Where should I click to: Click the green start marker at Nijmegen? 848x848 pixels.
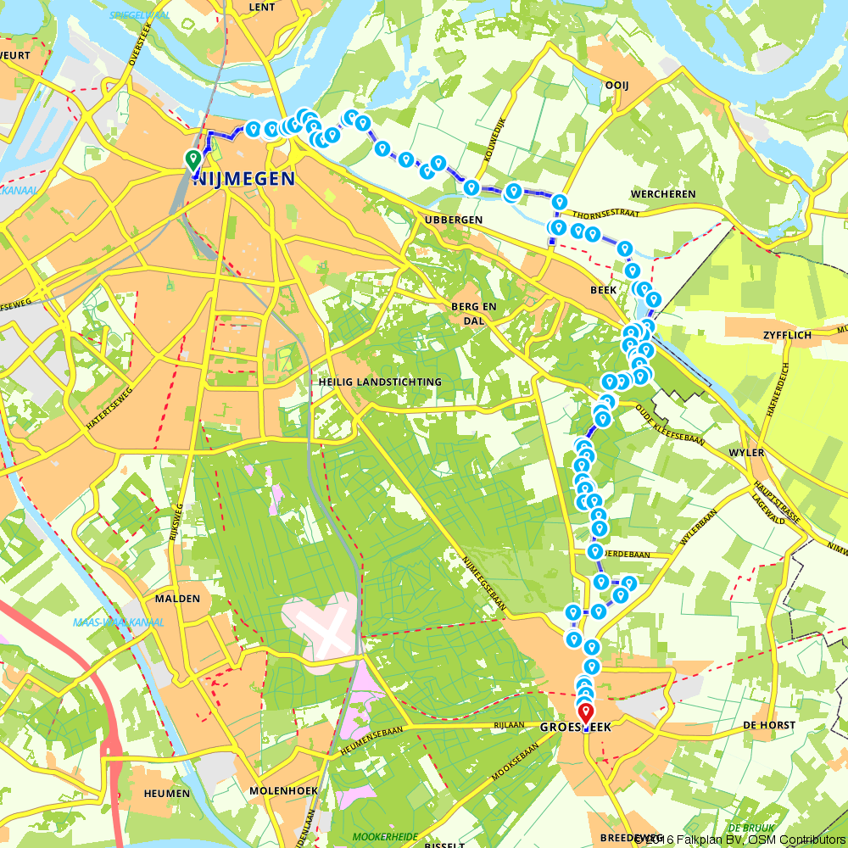click(x=192, y=159)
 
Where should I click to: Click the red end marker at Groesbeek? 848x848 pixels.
click(x=585, y=711)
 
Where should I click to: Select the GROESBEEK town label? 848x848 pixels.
click(x=575, y=728)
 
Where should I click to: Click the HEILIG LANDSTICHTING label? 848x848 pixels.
click(x=380, y=382)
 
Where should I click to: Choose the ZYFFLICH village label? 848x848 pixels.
click(x=788, y=335)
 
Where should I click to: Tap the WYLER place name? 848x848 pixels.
click(x=746, y=453)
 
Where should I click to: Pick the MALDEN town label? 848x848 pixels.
click(x=177, y=598)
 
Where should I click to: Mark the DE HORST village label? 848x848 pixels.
click(x=769, y=725)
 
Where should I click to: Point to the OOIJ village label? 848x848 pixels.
click(x=616, y=85)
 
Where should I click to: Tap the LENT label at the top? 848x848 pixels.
click(x=263, y=7)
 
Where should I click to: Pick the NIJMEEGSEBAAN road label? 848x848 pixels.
click(x=484, y=583)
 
